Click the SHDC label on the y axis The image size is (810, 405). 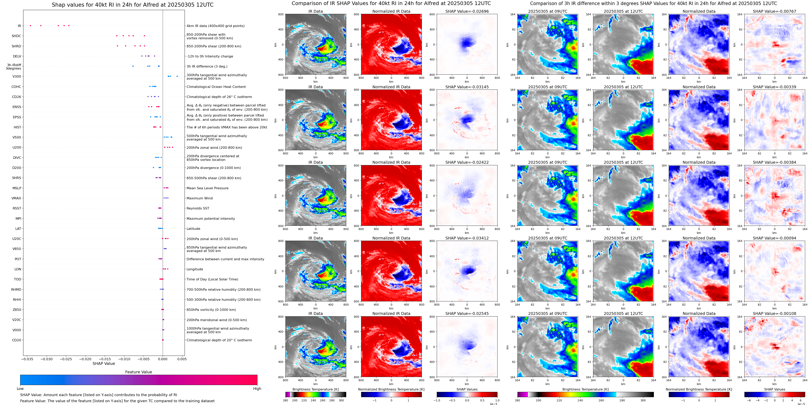click(x=16, y=36)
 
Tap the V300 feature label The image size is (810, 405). click(x=17, y=76)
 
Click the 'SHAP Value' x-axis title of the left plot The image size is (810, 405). click(x=104, y=363)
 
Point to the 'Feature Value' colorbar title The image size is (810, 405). click(x=138, y=372)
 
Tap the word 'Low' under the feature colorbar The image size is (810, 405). click(x=20, y=389)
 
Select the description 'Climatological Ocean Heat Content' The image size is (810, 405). click(x=216, y=87)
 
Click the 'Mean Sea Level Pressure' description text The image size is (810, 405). click(x=208, y=188)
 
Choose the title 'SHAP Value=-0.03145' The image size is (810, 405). click(x=467, y=87)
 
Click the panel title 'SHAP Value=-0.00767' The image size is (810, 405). click(x=774, y=11)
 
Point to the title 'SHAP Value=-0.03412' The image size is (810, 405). click(x=467, y=238)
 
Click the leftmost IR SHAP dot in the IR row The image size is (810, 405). click(x=30, y=25)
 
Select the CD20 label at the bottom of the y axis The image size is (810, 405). click(x=17, y=340)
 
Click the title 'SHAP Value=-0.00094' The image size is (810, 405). click(x=774, y=238)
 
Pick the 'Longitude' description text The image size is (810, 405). click(x=195, y=269)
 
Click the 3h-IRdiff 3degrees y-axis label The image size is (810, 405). click(x=14, y=67)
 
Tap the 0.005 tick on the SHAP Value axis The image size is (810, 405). click(x=182, y=359)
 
